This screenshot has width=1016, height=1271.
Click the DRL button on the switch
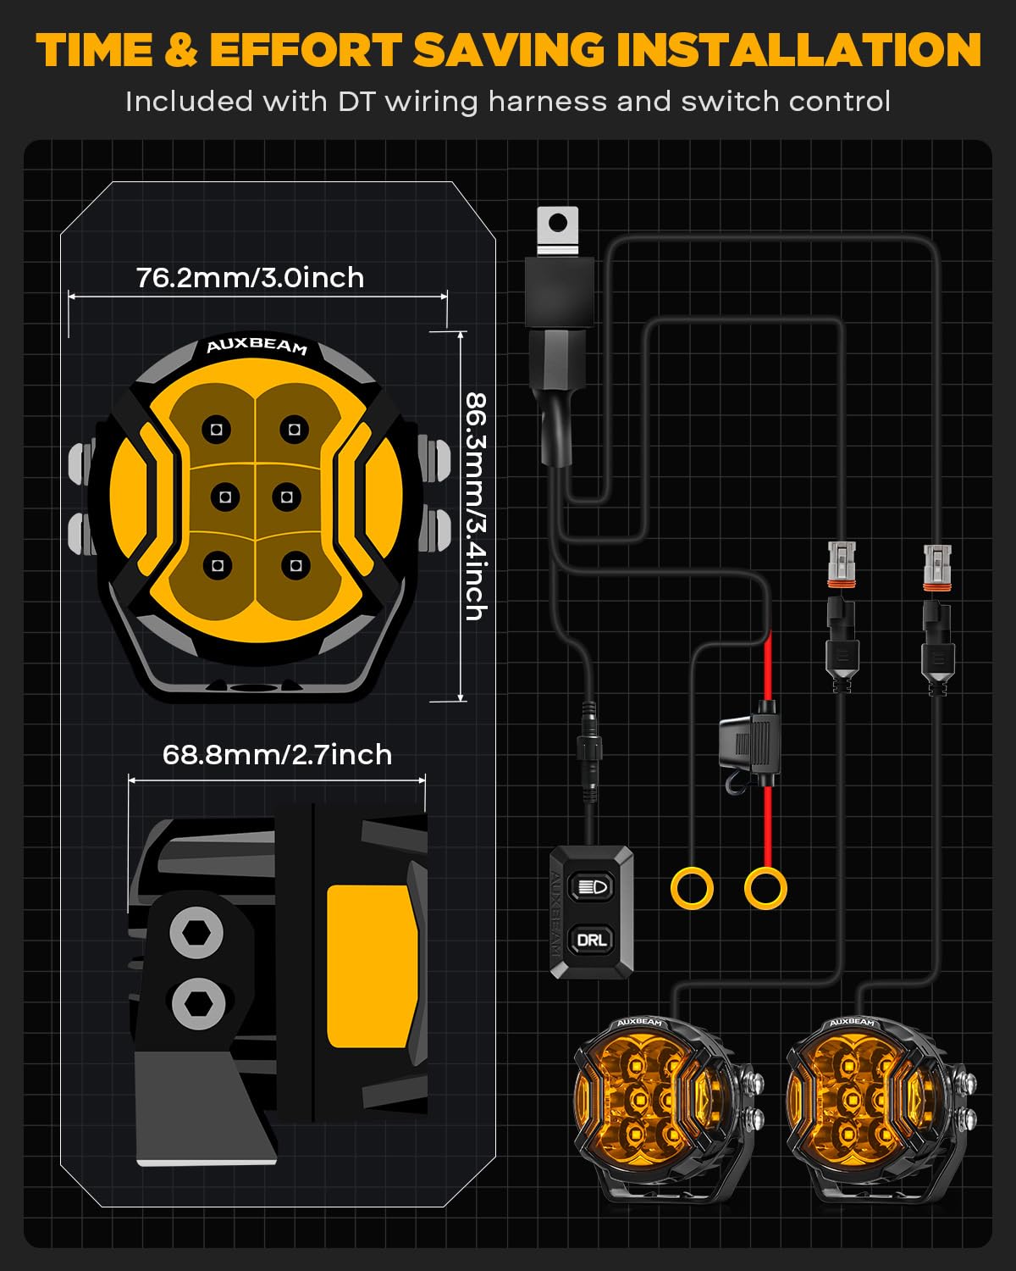[x=591, y=939]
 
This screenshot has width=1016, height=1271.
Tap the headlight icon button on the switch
[x=591, y=886]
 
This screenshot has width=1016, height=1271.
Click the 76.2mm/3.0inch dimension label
[x=251, y=278]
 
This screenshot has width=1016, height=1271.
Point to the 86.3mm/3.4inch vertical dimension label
[x=476, y=507]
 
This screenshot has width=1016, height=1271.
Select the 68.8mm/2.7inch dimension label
[x=277, y=755]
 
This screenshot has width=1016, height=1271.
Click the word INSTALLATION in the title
[x=799, y=50]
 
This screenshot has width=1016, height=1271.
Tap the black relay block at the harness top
[x=560, y=291]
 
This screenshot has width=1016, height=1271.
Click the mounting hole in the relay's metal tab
[x=557, y=224]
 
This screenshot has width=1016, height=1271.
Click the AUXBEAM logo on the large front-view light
[x=257, y=347]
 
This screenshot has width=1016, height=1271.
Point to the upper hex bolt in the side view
[x=196, y=933]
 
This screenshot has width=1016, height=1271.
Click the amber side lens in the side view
[x=372, y=967]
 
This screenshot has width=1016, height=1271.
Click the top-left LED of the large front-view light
[x=216, y=430]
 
